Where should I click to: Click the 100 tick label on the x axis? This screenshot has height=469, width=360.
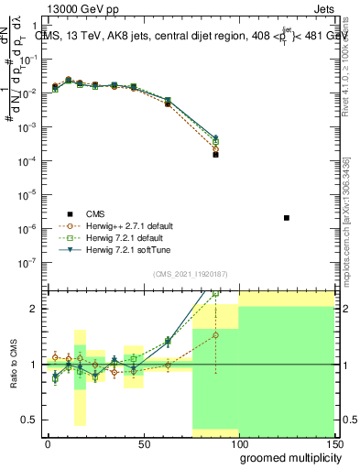238,444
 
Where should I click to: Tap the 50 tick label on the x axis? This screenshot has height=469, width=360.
143,444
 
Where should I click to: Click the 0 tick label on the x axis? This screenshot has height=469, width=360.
48,444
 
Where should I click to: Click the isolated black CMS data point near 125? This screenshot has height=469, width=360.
287,218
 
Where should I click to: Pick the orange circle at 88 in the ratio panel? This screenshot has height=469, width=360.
215,335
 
